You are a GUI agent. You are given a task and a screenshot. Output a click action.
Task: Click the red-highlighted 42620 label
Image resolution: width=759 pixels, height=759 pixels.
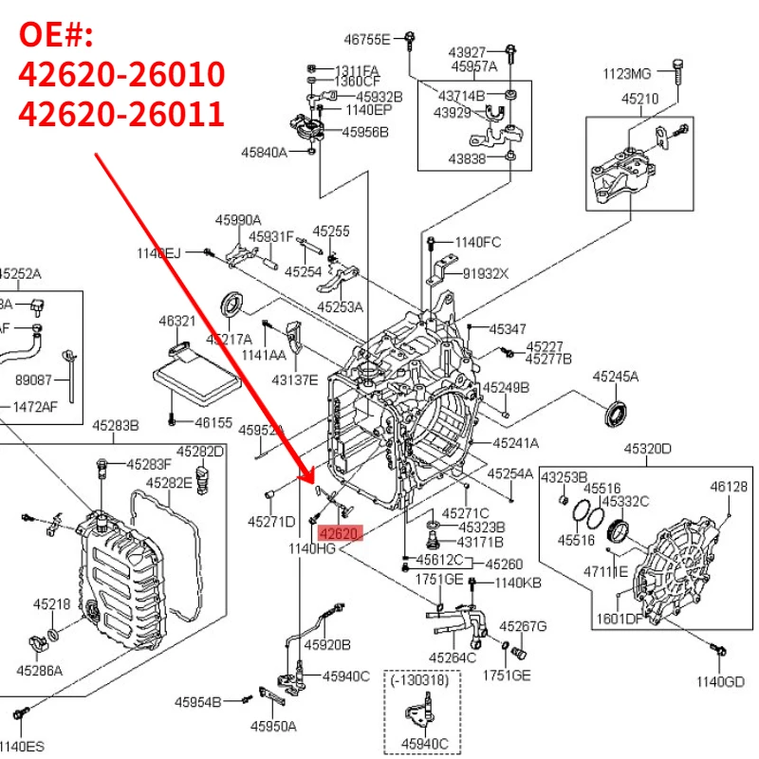click(340, 534)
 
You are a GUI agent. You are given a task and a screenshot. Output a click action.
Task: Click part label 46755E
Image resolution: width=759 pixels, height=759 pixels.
click(367, 39)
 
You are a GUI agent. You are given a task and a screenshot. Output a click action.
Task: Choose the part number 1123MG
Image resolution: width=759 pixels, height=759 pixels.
click(627, 74)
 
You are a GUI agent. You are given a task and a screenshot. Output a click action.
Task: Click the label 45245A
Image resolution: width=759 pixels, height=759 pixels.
click(616, 377)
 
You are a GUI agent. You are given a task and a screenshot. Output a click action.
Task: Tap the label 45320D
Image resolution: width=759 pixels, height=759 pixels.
click(647, 449)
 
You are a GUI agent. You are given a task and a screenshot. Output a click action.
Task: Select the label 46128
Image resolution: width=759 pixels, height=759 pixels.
click(729, 487)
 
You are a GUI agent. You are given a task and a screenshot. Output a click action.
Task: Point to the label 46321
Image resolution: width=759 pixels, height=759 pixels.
click(177, 322)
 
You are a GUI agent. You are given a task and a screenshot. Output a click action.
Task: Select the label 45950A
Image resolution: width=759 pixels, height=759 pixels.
click(273, 726)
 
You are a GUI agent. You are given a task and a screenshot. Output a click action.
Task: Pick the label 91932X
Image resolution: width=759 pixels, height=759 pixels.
click(486, 273)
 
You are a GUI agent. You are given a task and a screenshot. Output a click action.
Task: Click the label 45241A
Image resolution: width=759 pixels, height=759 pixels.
click(515, 443)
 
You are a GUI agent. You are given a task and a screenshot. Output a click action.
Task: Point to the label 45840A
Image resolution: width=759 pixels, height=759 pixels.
click(264, 152)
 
